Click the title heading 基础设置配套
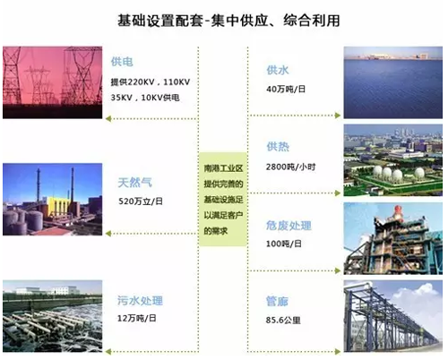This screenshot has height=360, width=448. (160, 21)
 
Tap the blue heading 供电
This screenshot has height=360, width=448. (122, 62)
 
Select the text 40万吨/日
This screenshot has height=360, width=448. (286, 89)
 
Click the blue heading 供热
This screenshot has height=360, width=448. (278, 147)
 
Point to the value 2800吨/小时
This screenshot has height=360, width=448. (290, 167)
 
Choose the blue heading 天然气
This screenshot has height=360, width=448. (135, 183)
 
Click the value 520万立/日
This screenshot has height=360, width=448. (141, 201)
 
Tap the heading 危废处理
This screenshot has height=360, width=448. (289, 226)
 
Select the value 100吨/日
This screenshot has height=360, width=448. (284, 244)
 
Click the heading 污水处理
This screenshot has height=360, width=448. (140, 300)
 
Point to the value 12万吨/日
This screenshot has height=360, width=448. (137, 318)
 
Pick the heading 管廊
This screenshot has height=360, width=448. (277, 302)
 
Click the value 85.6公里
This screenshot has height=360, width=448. (283, 321)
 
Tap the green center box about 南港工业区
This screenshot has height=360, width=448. (223, 199)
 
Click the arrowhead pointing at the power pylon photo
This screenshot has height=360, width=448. (108, 119)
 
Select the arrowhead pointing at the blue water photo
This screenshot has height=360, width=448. (338, 116)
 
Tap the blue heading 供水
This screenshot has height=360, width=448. (278, 70)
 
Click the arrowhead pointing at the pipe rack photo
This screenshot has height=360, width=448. (338, 352)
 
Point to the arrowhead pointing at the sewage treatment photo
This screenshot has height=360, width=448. (108, 352)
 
